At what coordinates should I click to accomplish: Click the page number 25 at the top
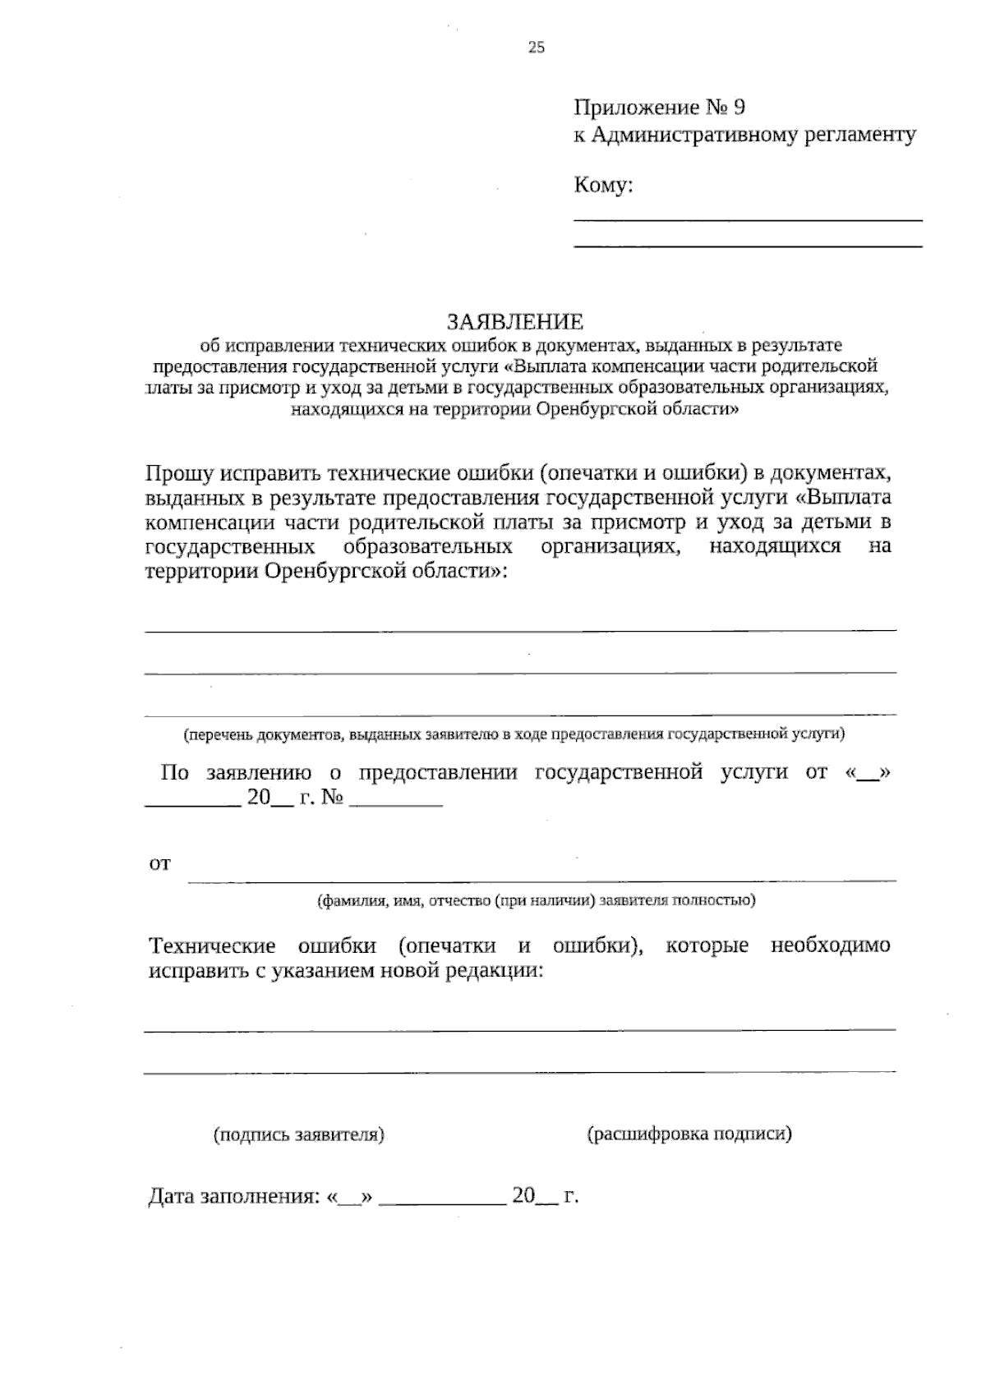536,48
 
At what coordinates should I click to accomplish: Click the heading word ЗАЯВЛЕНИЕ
514,320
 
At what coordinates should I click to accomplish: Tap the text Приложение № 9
659,108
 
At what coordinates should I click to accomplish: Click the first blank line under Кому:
747,219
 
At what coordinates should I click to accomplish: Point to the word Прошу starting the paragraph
179,473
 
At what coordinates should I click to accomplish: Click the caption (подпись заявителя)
299,1134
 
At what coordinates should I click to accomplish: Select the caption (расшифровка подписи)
689,1134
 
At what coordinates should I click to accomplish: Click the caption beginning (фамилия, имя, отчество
536,900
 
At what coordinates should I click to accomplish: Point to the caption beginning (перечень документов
514,734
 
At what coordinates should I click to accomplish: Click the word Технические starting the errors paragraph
212,945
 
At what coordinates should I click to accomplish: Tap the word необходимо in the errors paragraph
830,945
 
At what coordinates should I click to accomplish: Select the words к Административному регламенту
744,135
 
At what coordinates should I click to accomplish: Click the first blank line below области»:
520,629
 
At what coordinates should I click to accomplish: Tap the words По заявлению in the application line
235,772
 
